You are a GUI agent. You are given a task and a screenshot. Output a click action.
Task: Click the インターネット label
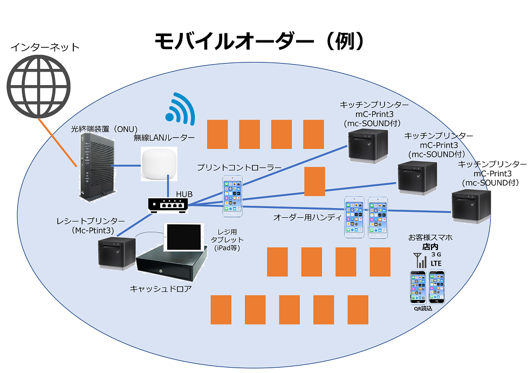(45, 47)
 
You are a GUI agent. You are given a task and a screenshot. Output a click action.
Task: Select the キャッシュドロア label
(161, 289)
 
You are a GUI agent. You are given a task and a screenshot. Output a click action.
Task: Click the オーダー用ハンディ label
(307, 217)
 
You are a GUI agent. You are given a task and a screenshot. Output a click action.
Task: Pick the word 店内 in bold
(429, 246)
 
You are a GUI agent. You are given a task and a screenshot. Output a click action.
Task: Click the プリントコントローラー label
(238, 168)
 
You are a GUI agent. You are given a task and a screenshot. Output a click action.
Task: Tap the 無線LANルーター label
(164, 138)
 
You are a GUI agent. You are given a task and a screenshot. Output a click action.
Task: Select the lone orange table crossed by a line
(314, 182)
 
